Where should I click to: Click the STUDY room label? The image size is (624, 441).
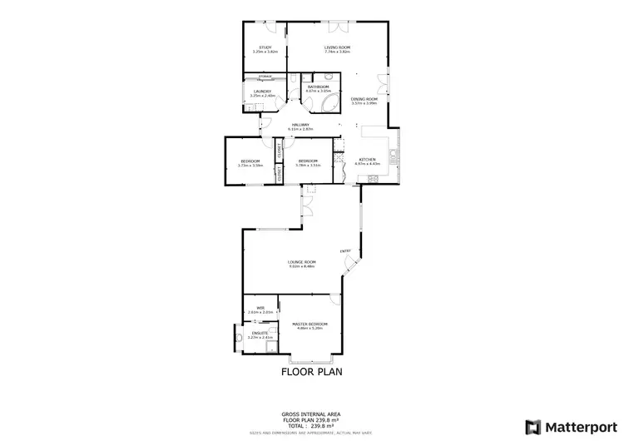point(265,47)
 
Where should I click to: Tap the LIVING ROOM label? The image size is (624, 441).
point(336,47)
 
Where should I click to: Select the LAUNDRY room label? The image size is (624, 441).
point(262,92)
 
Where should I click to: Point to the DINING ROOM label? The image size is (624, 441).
point(364,99)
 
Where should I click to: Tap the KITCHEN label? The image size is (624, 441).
point(367,159)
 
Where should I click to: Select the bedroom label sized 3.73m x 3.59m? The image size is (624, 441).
point(250,161)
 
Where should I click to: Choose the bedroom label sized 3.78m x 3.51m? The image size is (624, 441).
point(308,161)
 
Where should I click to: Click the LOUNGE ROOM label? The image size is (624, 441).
point(302,262)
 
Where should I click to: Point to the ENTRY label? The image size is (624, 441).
point(344,250)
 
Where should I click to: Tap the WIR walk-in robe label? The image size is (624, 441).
point(260,308)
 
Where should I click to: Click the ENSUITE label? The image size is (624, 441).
point(260,333)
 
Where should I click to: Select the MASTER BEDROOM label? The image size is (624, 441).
point(309,323)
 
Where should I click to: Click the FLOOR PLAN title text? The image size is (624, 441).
point(311,373)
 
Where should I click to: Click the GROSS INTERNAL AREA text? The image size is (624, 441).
point(311,414)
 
